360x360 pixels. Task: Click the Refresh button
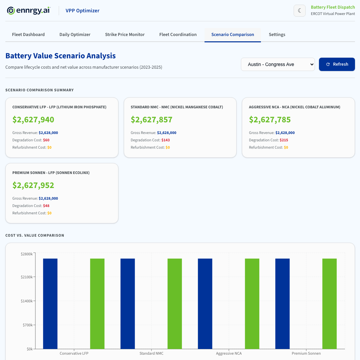[337, 64]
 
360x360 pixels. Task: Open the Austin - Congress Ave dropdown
[278, 64]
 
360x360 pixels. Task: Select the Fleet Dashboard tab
[28, 35]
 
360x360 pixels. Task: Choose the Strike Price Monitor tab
[125, 35]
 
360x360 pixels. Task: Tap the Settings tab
[277, 35]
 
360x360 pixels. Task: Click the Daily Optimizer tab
[75, 35]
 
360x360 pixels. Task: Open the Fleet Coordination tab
[178, 35]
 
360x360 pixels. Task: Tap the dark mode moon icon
[299, 11]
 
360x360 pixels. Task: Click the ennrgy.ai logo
[29, 11]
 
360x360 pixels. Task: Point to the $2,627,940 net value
[33, 120]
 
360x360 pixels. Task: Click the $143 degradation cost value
[165, 140]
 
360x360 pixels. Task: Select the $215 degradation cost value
[284, 140]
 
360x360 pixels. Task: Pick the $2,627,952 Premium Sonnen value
[33, 185]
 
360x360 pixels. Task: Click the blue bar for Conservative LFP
[50, 303]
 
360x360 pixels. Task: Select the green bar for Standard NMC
[174, 303]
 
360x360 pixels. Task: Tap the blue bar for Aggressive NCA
[205, 303]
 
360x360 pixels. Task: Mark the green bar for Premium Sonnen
[329, 303]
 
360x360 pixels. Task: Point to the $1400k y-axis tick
[26, 301]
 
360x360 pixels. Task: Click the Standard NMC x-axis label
[151, 353]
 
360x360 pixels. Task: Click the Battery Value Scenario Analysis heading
[61, 56]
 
